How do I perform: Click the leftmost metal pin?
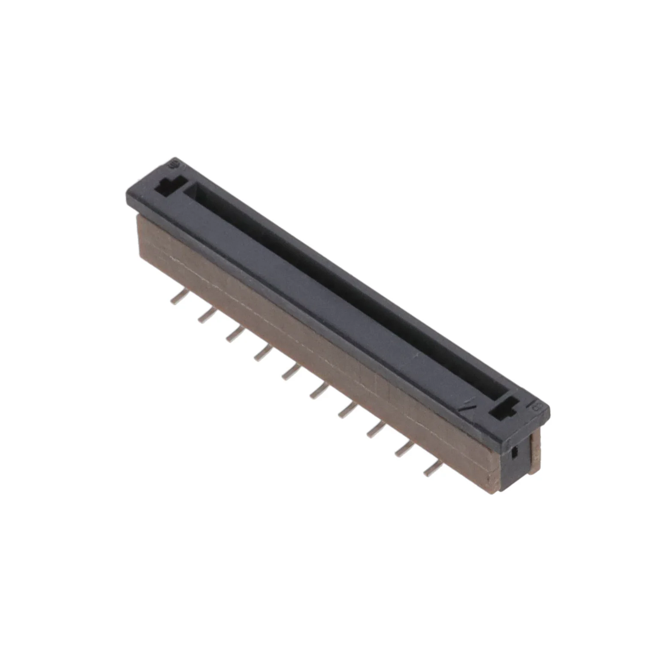(178, 298)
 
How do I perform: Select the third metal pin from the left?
(235, 334)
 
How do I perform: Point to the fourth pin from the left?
(262, 353)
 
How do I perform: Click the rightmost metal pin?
(432, 467)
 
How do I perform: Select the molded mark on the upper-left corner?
(174, 164)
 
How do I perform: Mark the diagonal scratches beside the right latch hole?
(470, 404)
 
